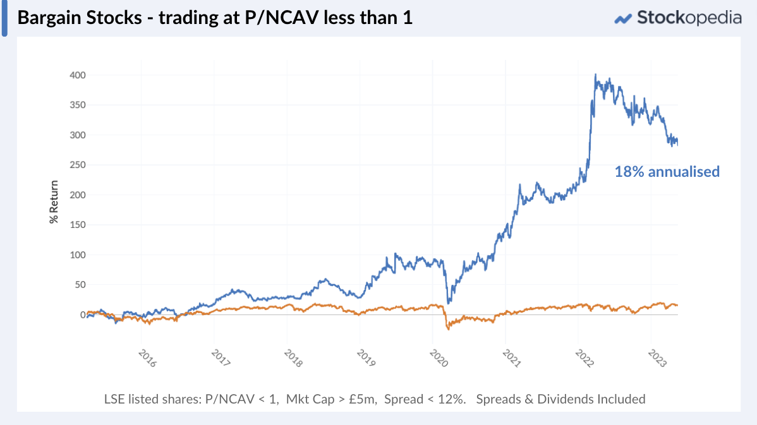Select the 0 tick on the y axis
tap(82, 315)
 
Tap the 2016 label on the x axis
tap(146, 357)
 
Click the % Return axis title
tap(54, 202)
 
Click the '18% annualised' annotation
tap(667, 171)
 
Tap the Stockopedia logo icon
tap(624, 18)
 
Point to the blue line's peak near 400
tap(595, 75)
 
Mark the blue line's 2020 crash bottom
tap(448, 302)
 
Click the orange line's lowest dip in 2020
tap(448, 328)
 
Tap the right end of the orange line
tap(677, 306)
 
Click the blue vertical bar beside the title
tap(4, 18)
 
